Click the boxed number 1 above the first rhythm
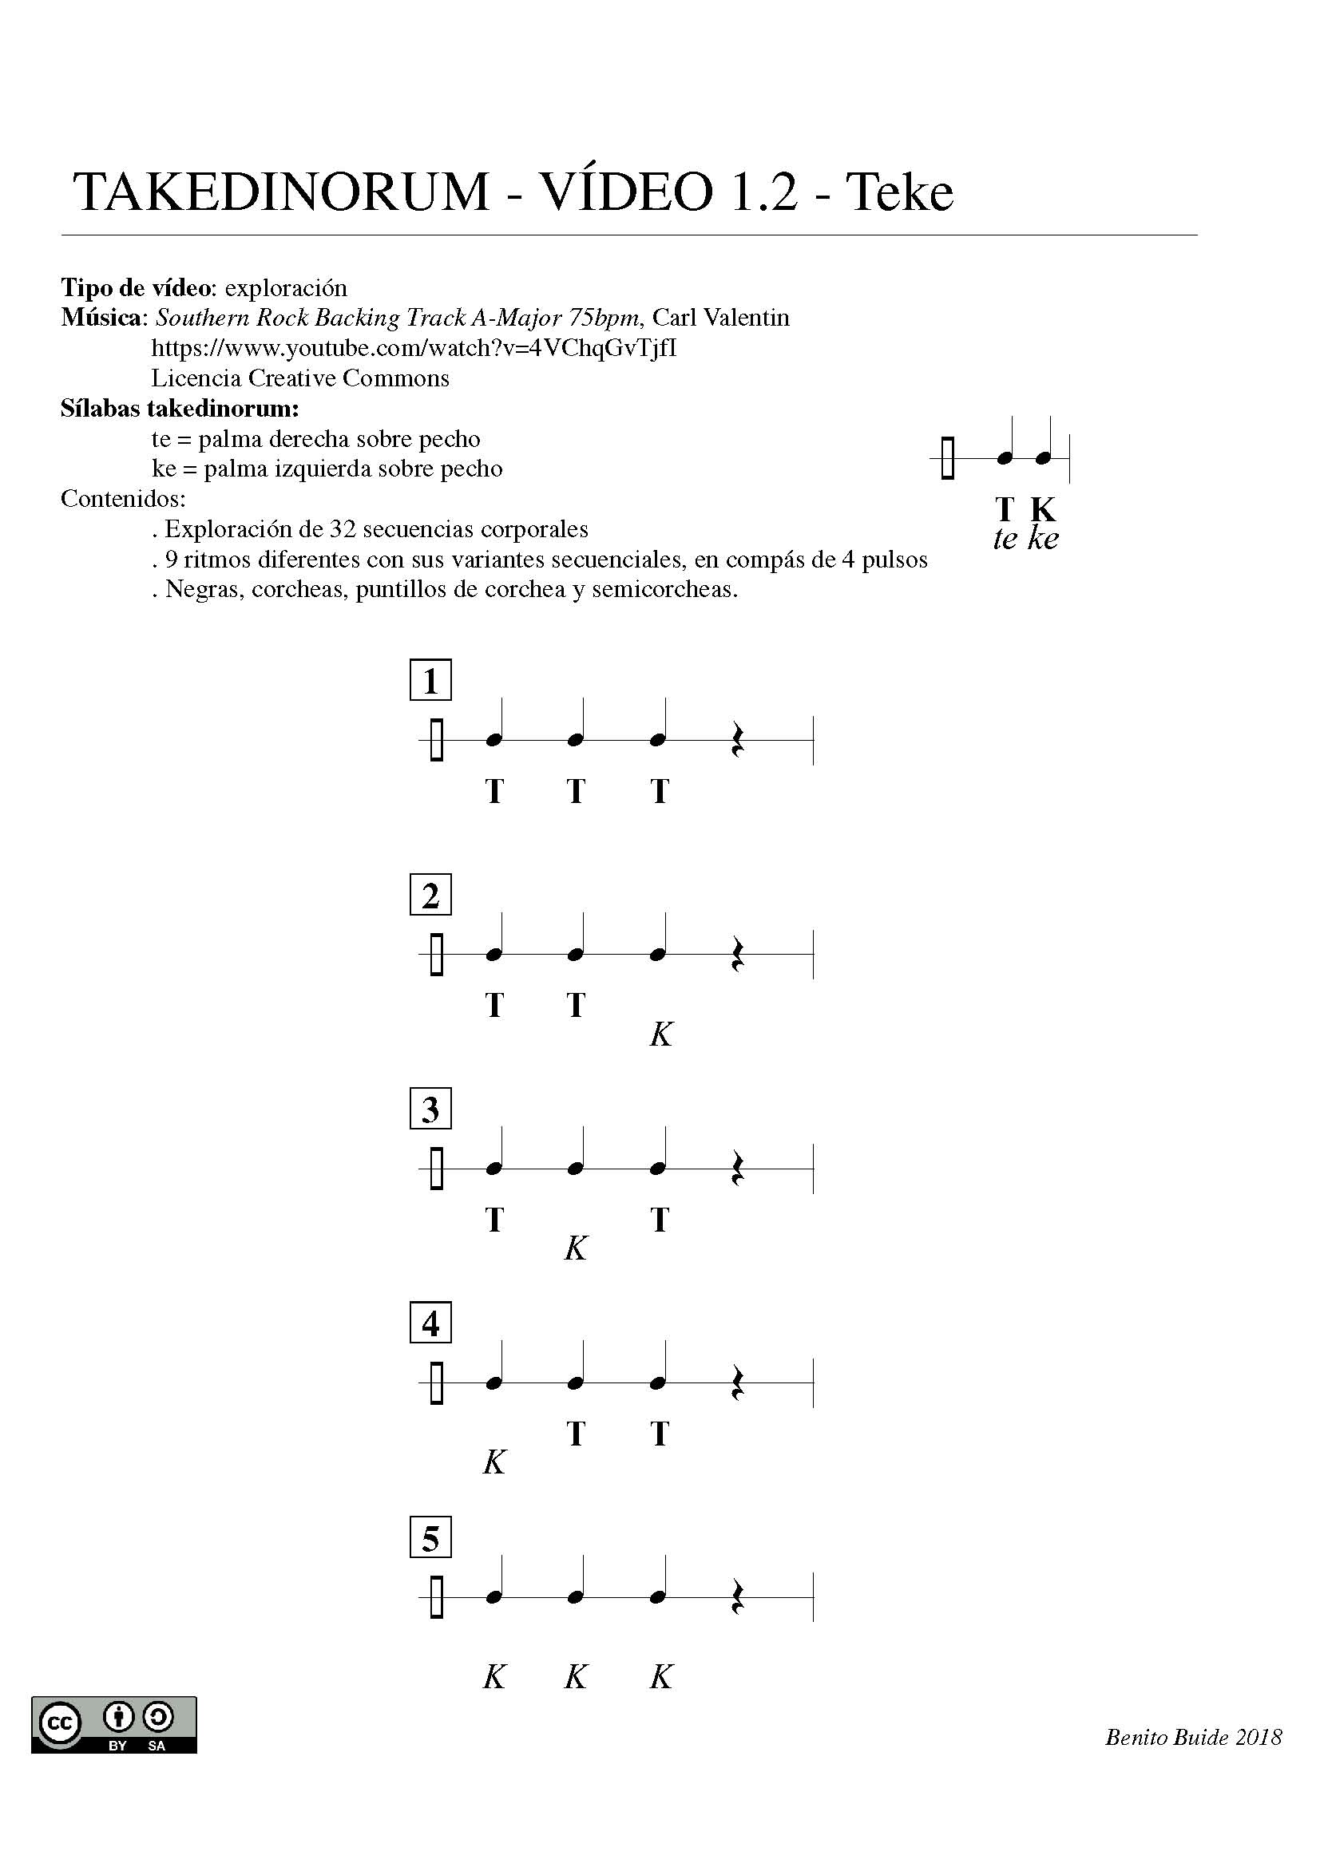point(430,680)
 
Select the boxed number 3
point(430,1109)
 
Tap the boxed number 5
point(430,1537)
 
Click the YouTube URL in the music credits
point(414,348)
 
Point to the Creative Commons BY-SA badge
point(114,1724)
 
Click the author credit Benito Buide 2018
point(1193,1738)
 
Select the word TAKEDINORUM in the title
point(281,192)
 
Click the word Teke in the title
point(899,192)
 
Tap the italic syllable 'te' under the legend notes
point(1005,538)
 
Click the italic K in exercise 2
point(661,1035)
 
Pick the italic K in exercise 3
point(575,1249)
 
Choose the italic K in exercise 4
point(494,1463)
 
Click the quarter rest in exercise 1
point(737,740)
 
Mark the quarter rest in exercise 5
point(737,1597)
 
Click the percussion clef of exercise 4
point(437,1382)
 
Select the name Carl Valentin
point(720,317)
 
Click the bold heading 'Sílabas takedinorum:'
point(180,408)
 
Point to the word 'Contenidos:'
point(123,498)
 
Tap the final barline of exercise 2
point(813,955)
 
